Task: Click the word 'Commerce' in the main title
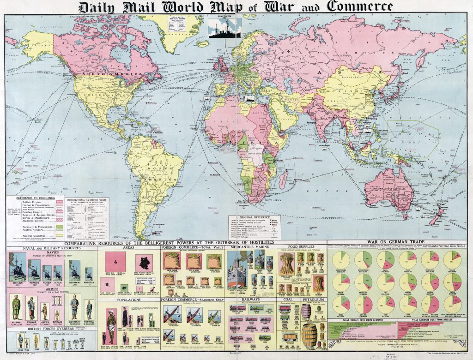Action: point(361,6)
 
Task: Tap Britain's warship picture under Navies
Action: point(18,270)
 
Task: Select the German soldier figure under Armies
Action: point(74,307)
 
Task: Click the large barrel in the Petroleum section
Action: point(310,332)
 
